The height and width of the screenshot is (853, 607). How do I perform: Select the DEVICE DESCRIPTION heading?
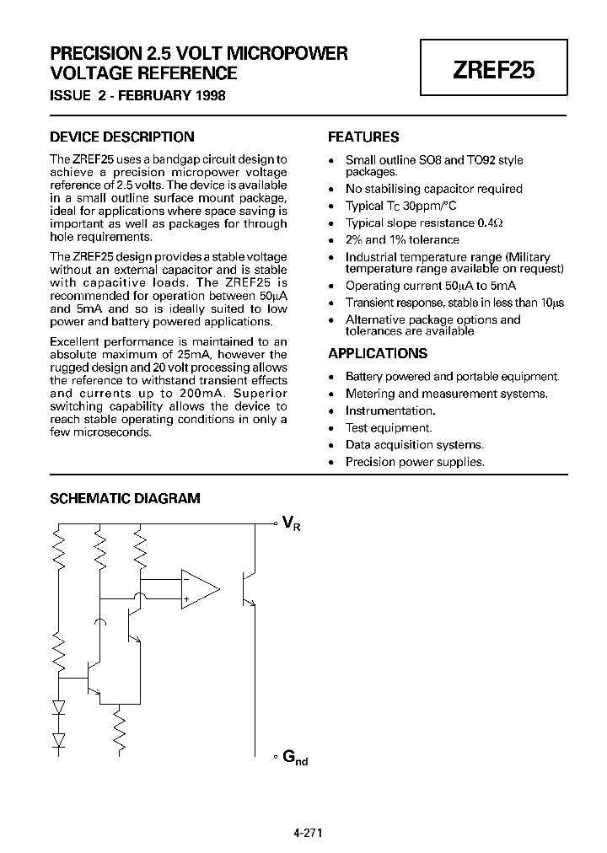pos(122,137)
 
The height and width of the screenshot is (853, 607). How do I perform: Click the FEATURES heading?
pos(363,137)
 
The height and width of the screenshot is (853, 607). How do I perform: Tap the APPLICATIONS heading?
pos(378,354)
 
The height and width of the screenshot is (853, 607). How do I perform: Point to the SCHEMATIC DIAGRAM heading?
pos(126,498)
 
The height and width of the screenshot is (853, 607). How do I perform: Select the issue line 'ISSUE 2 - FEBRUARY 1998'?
pos(138,95)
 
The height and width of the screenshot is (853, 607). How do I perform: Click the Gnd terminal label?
pos(294,758)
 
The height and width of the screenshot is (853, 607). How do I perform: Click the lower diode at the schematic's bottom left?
pos(58,740)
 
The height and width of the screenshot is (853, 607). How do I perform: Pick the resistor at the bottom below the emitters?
pos(121,730)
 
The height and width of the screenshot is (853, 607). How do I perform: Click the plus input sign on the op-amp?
pos(185,599)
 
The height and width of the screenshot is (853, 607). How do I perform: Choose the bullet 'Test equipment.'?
pos(389,427)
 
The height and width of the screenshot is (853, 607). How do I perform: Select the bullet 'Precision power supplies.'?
pos(415,461)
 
